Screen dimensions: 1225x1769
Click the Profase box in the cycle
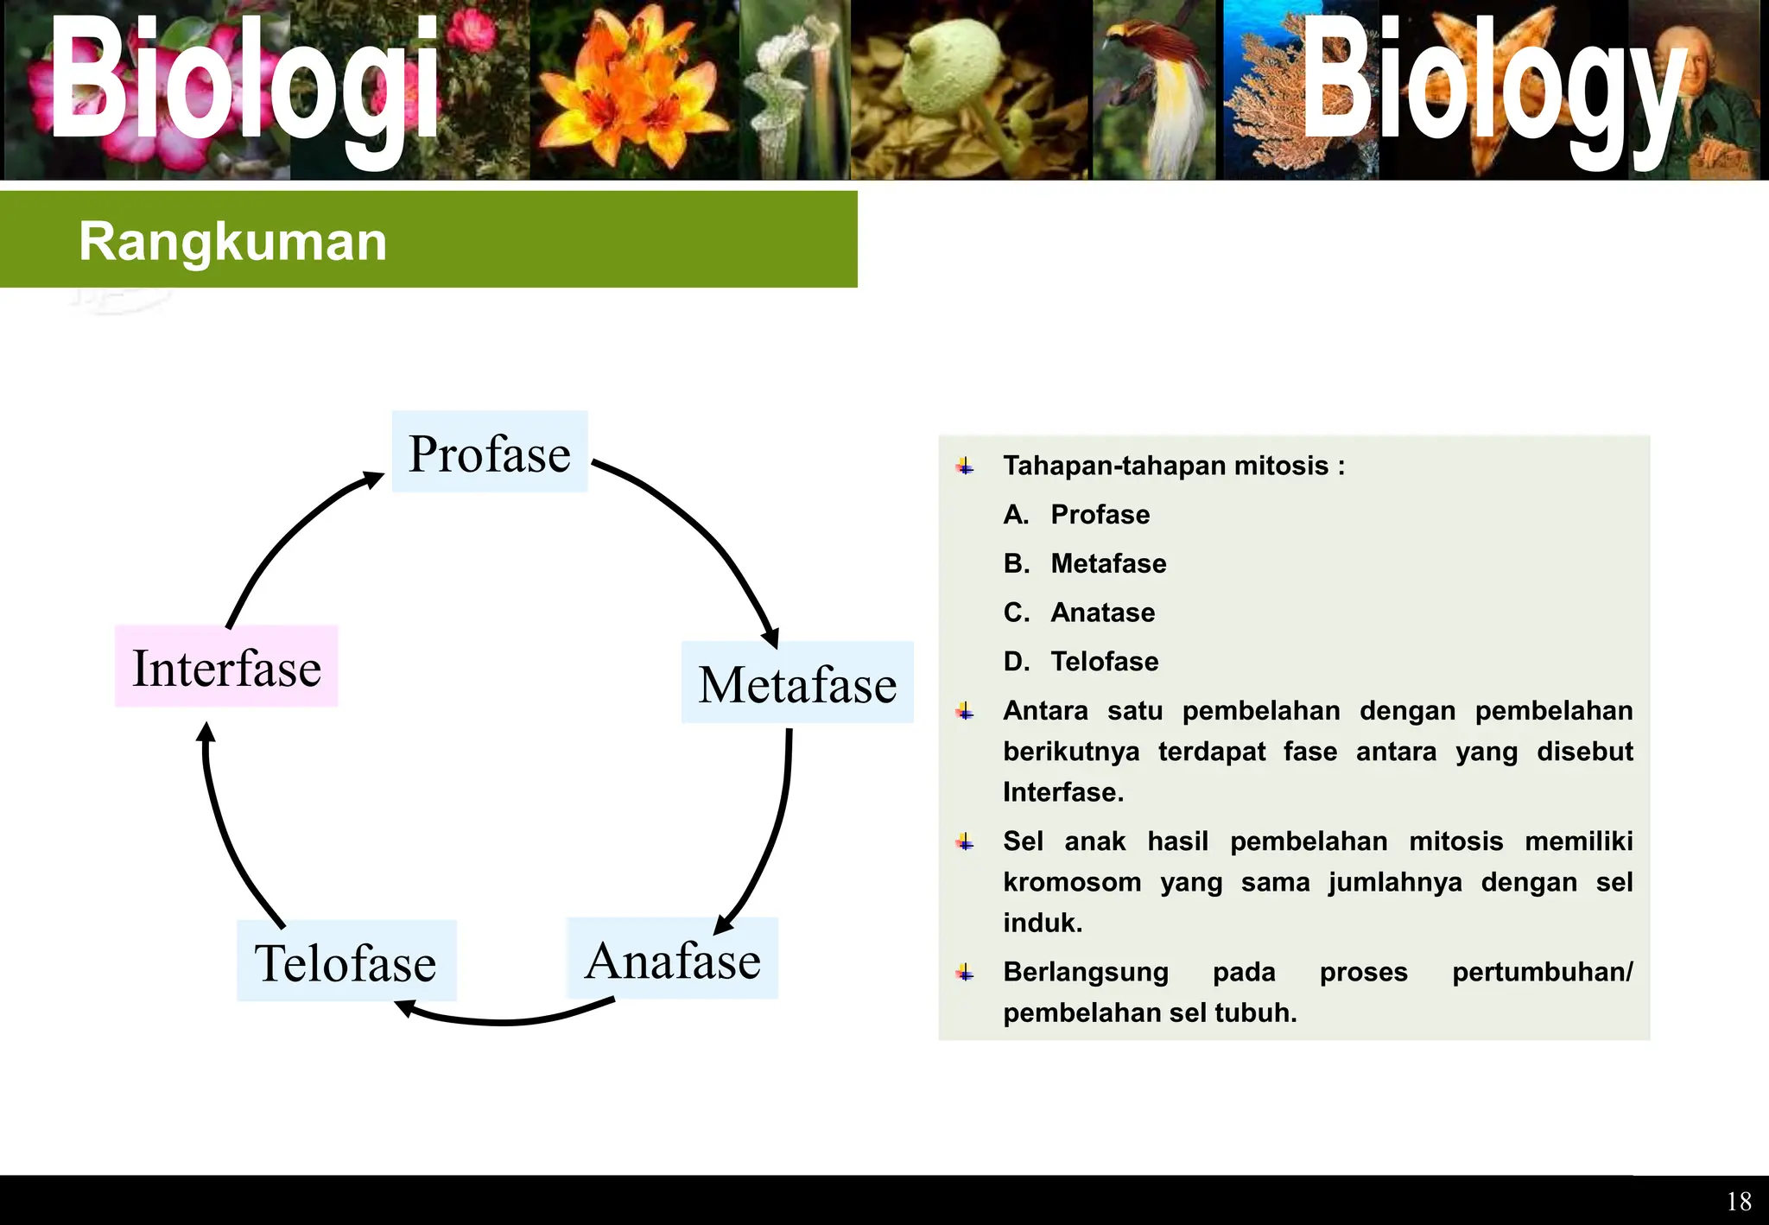[x=490, y=452]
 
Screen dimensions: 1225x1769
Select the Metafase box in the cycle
[x=796, y=682]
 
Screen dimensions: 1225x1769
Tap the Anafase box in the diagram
[x=672, y=959]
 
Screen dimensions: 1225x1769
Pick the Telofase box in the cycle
[x=346, y=962]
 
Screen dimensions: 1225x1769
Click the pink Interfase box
[x=226, y=667]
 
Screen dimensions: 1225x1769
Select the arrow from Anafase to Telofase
[x=505, y=1019]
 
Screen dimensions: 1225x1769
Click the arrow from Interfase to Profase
[x=285, y=536]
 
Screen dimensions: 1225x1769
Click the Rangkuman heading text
[x=232, y=241]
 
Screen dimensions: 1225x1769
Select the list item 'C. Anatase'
[x=1080, y=612]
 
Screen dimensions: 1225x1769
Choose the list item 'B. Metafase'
[x=1085, y=563]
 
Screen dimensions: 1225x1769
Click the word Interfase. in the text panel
[x=1063, y=792]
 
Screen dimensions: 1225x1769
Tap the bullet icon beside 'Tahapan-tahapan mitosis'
[x=965, y=467]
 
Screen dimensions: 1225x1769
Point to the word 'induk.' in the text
[x=1043, y=923]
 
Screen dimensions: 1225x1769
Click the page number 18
[x=1738, y=1202]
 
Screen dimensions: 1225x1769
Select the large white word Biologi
[x=246, y=82]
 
